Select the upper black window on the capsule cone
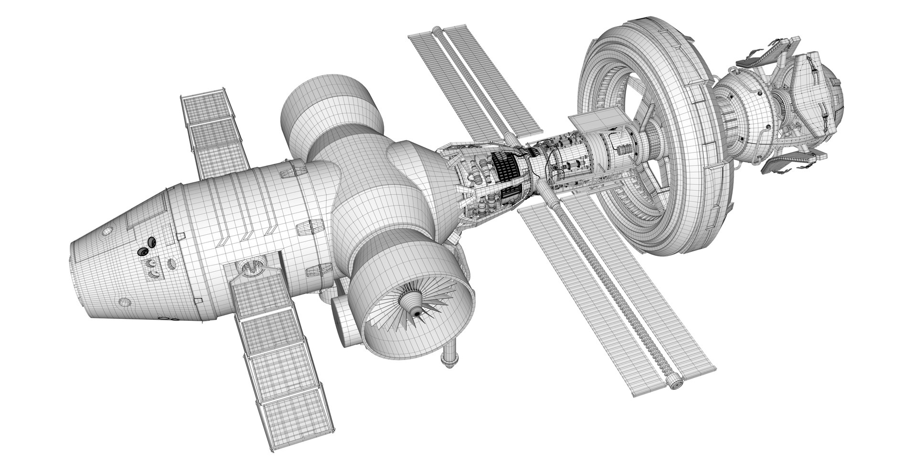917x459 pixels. (x=151, y=242)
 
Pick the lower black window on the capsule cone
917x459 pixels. (x=142, y=251)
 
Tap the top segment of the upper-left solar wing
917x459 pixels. (x=203, y=103)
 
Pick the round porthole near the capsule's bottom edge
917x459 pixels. (x=124, y=302)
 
